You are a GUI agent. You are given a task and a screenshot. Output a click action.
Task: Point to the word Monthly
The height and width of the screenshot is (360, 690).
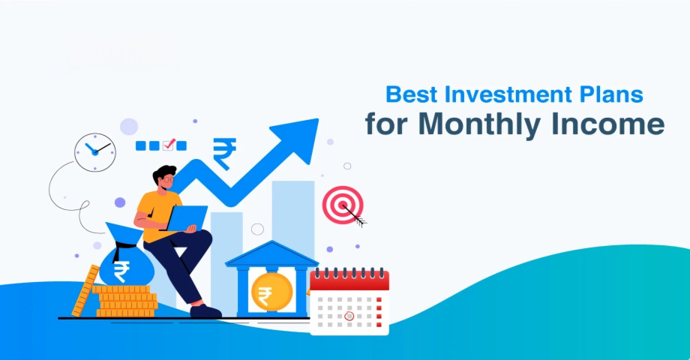(481, 125)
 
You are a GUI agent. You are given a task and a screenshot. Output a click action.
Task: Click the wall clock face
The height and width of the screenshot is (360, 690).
(95, 152)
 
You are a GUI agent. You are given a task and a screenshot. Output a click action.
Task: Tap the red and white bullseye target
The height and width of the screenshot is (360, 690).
(343, 205)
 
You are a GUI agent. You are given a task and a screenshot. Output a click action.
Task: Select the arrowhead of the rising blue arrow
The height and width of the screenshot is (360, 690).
(298, 139)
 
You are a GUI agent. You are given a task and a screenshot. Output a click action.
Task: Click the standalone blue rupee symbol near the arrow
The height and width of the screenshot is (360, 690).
(224, 154)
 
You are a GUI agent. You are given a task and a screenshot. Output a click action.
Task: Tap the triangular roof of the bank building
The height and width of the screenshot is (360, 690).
(271, 254)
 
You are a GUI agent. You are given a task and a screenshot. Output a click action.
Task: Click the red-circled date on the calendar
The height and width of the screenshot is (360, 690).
(349, 316)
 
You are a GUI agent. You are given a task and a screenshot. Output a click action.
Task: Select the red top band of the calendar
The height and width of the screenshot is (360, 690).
(349, 280)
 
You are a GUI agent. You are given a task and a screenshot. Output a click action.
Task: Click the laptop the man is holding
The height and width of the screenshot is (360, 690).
(187, 217)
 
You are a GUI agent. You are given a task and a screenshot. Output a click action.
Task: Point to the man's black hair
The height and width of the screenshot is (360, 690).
(164, 173)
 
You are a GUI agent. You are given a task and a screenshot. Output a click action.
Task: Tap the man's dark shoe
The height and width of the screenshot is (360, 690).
(205, 311)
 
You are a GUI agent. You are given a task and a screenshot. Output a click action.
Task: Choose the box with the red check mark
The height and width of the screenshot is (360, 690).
(168, 145)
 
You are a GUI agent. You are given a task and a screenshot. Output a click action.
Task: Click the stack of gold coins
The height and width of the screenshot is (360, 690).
(126, 301)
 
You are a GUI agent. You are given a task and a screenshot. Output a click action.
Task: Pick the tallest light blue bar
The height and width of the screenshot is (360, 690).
(293, 220)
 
